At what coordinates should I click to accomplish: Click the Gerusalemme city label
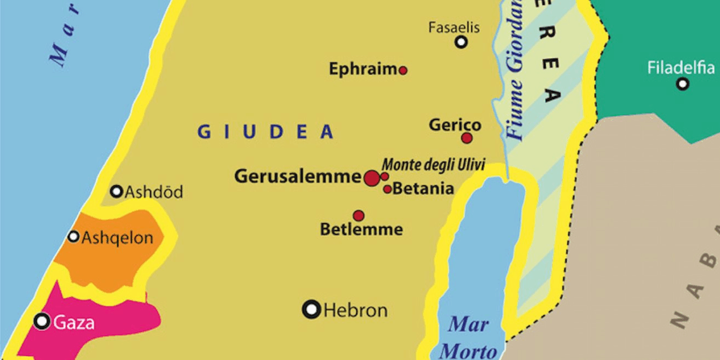pyautogui.click(x=297, y=177)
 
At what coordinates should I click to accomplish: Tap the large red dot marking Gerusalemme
pyautogui.click(x=372, y=178)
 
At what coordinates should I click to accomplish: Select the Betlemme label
pyautogui.click(x=361, y=229)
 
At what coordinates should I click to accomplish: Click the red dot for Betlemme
pyautogui.click(x=359, y=215)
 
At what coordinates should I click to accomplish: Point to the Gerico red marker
pyautogui.click(x=467, y=138)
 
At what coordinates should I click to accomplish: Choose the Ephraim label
pyautogui.click(x=363, y=69)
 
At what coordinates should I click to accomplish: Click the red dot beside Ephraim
pyautogui.click(x=403, y=70)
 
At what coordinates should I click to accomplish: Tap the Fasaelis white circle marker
pyautogui.click(x=462, y=42)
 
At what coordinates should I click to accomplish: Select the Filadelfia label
pyautogui.click(x=681, y=68)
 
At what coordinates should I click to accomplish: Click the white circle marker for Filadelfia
pyautogui.click(x=682, y=83)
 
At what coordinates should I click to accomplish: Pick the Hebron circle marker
pyautogui.click(x=312, y=309)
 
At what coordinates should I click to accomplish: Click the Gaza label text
pyautogui.click(x=74, y=323)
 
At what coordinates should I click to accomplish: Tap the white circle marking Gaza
pyautogui.click(x=42, y=321)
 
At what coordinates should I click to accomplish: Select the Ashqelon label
pyautogui.click(x=117, y=238)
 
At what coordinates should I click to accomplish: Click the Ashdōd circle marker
pyautogui.click(x=117, y=191)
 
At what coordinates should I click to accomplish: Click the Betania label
pyautogui.click(x=423, y=189)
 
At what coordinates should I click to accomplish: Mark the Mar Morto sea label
pyautogui.click(x=468, y=338)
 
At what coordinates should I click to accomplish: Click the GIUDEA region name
pyautogui.click(x=265, y=131)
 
